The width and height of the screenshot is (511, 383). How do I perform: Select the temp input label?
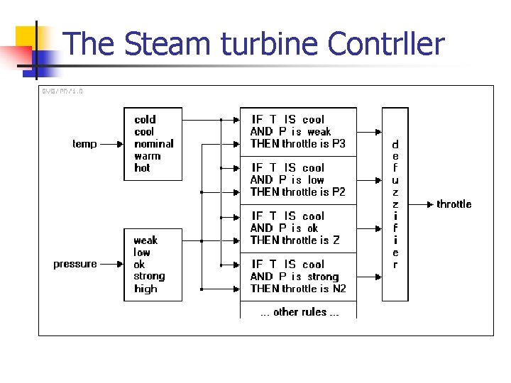[84, 144]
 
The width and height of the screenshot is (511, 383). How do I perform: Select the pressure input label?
[75, 264]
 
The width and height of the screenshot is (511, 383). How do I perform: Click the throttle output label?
[454, 204]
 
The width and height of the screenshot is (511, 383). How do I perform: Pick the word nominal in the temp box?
[154, 144]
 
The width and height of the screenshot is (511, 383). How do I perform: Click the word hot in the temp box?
[143, 168]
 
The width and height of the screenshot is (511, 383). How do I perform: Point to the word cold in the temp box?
[145, 120]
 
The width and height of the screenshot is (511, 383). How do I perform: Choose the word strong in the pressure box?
[149, 276]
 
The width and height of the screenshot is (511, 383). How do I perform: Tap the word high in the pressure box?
[145, 289]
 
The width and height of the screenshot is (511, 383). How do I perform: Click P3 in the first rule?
[339, 144]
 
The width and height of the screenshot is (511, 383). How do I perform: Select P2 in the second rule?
[339, 192]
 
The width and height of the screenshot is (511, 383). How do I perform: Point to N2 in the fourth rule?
[339, 289]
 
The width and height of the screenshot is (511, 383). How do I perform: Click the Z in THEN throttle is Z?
[336, 240]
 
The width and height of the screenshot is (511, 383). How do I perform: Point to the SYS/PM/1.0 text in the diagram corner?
[62, 91]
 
